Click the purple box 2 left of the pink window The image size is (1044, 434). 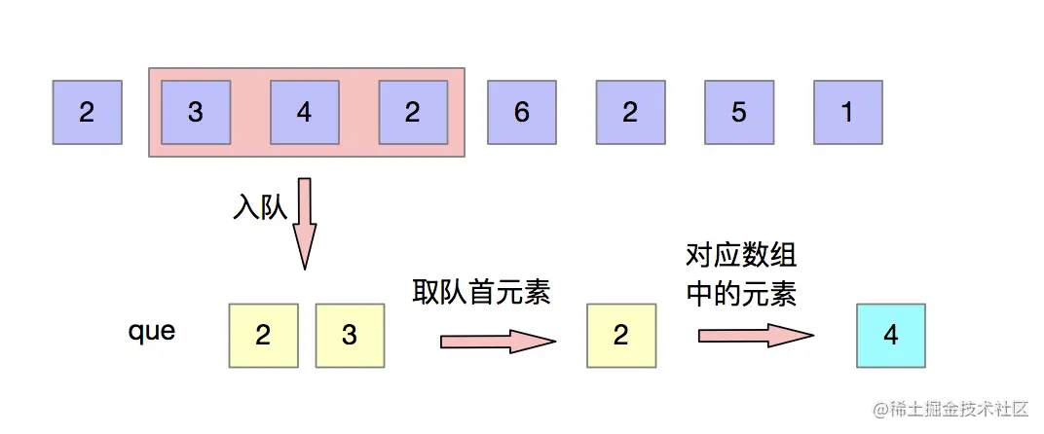[88, 113]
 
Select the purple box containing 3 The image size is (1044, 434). [196, 113]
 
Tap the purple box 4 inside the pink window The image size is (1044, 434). [304, 113]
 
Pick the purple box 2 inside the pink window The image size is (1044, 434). [413, 113]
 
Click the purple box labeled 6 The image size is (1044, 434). [522, 113]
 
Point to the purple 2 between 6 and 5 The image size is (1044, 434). [630, 113]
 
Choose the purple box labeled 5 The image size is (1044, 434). [739, 113]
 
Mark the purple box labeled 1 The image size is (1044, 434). [847, 113]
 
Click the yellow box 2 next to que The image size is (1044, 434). [263, 336]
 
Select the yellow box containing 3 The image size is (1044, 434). [350, 336]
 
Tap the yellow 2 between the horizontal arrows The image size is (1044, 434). [621, 336]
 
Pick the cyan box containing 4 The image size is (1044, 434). [890, 336]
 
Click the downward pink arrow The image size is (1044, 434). [305, 223]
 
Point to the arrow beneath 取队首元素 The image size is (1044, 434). [497, 342]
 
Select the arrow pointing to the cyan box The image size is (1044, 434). [755, 336]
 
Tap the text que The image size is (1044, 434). [152, 331]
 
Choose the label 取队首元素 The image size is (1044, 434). [481, 291]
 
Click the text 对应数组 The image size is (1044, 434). [740, 257]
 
